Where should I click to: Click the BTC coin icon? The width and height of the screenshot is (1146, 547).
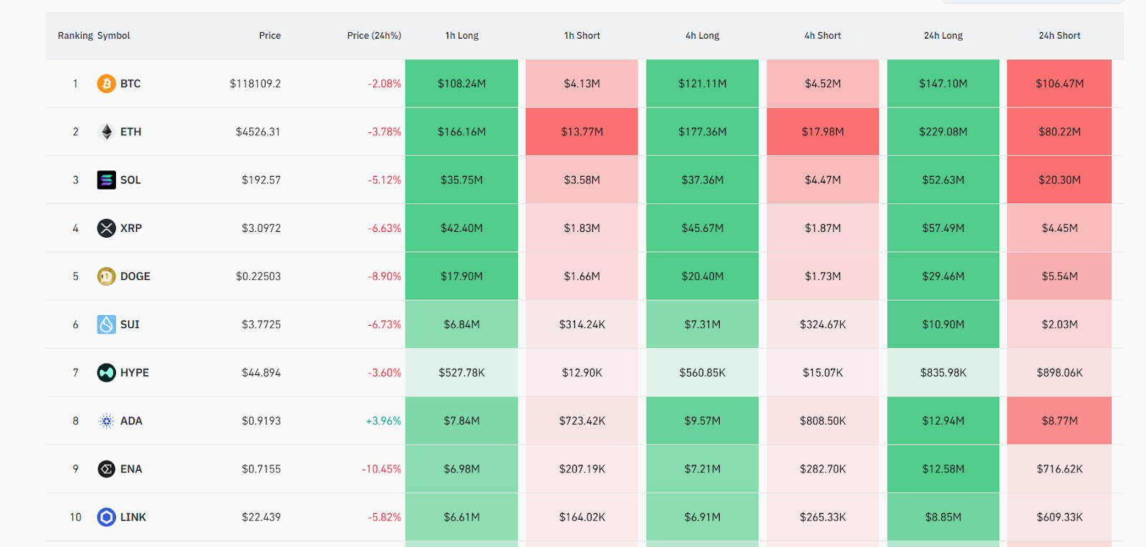(106, 84)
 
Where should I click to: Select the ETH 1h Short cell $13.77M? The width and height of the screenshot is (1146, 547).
(582, 132)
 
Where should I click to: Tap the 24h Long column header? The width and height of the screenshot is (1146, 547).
(943, 35)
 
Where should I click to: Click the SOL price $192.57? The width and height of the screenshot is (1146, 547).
(261, 180)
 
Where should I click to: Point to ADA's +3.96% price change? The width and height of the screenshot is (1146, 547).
(383, 421)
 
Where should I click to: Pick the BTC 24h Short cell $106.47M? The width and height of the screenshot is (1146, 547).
(1059, 84)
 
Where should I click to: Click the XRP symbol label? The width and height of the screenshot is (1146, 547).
(131, 228)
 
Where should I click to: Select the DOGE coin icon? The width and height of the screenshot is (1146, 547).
(106, 276)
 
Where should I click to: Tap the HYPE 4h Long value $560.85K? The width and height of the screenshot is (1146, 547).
(702, 373)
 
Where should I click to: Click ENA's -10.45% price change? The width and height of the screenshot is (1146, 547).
(381, 469)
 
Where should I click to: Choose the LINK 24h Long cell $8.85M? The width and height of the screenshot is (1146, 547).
(943, 517)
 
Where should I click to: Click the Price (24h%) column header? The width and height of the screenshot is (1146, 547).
(374, 35)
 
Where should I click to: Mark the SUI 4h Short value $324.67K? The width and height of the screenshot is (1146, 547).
(822, 324)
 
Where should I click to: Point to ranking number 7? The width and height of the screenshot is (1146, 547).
(75, 373)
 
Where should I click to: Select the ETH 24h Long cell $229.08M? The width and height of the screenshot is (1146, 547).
(943, 132)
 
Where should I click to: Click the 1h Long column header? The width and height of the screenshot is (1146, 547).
(461, 35)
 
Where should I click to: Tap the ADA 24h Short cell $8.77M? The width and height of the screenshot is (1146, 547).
(1059, 421)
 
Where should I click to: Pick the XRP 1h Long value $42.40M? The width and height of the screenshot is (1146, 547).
(461, 228)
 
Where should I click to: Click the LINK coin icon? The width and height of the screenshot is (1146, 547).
(106, 517)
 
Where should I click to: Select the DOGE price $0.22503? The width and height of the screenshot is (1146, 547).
(258, 276)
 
